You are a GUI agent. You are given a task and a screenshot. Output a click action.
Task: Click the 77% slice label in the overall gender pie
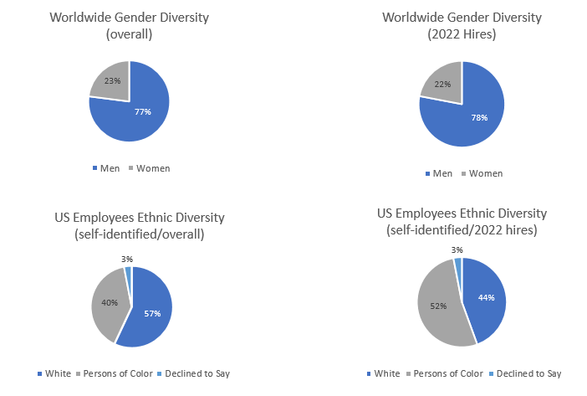coord(143,111)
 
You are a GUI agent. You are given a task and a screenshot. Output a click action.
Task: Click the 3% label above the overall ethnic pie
coord(125,260)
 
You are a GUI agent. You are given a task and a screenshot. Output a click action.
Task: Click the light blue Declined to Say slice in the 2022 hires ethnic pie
coord(458,265)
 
